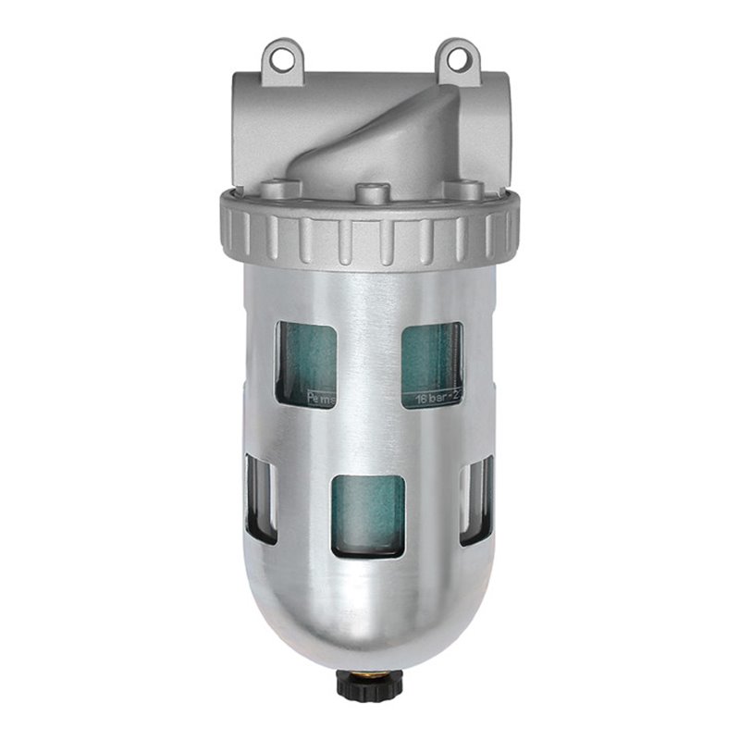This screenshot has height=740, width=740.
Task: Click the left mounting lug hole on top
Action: click(279, 54)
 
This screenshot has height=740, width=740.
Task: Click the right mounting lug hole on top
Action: click(457, 54)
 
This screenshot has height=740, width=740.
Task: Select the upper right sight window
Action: click(432, 363)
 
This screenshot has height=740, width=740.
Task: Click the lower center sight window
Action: click(368, 516)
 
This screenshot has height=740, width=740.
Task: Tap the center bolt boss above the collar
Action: click(370, 194)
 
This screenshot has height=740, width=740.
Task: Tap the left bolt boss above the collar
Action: click(272, 190)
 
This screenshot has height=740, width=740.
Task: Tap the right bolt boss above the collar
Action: click(467, 190)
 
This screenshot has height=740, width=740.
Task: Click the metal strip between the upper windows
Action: click(369, 361)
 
